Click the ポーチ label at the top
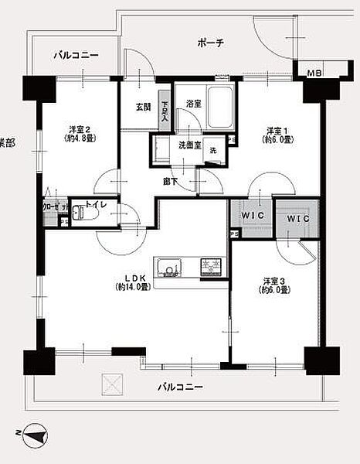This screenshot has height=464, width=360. pos(210,43)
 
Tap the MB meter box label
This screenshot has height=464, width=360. pos(314,73)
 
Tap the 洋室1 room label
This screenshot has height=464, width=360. pos(277,135)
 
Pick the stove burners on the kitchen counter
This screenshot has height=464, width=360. pos(210,268)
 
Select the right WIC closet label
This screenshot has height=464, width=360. pos(297,220)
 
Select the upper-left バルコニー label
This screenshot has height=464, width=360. pos(76,56)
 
